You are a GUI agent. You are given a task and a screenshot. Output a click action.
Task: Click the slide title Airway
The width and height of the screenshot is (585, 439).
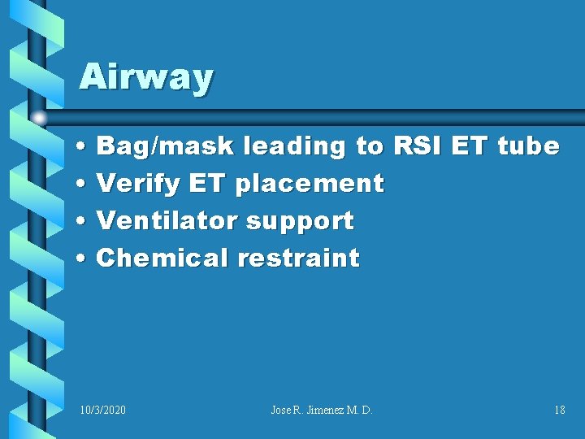pos(146,78)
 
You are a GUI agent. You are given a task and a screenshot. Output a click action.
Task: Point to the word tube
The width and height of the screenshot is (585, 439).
pos(528,146)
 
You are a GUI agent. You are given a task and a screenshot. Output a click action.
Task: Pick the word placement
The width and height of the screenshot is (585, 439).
pos(309,184)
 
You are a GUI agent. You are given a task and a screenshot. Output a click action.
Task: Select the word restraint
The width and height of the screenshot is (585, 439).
pos(298,258)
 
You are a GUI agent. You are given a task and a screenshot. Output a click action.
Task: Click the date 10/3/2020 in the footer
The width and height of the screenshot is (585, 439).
pos(103,411)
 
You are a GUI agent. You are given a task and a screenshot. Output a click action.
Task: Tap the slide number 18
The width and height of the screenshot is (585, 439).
pos(559,411)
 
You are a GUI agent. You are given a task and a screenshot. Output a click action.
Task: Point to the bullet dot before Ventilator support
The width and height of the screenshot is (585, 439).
pos(84,221)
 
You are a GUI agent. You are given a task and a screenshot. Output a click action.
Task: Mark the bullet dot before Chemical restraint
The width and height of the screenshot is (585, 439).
pos(84,259)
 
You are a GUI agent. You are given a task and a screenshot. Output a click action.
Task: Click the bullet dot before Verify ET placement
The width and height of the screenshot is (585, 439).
pos(84,185)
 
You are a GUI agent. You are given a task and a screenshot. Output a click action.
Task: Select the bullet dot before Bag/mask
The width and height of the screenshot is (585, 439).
pos(84,147)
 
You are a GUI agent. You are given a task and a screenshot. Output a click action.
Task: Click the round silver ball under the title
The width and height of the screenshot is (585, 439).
pos(39,117)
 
